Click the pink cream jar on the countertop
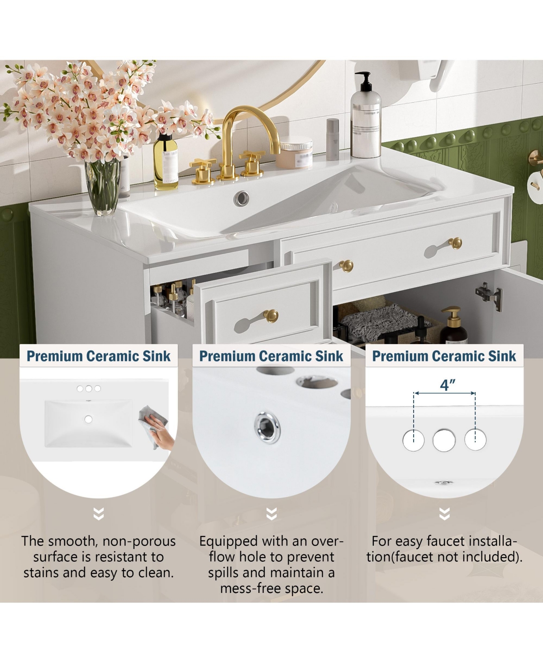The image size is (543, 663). [296, 154]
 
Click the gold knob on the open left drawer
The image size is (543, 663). [271, 315]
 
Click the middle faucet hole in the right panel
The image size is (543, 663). [444, 440]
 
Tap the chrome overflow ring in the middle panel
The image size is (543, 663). [267, 426]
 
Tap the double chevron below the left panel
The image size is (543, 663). [99, 514]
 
